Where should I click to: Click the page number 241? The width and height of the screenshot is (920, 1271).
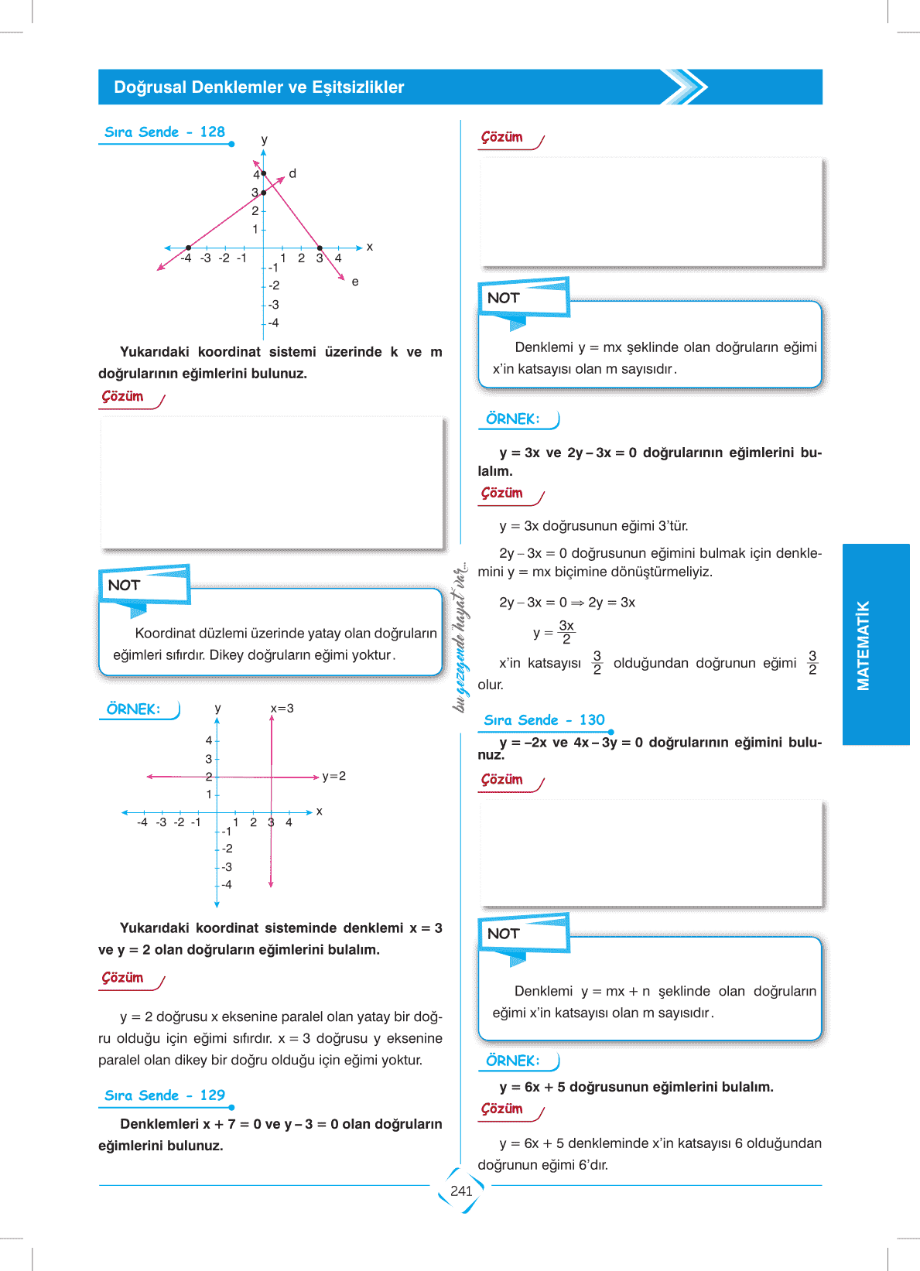coord(461,1191)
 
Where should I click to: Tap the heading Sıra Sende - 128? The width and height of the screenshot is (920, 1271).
coord(165,132)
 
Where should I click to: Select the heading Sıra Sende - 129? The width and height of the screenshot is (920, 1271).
coord(165,1095)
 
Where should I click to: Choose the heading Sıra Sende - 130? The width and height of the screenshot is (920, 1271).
coord(544,720)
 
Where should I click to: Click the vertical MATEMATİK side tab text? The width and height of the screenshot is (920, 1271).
coord(864,645)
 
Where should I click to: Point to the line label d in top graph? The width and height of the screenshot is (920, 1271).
coord(292,173)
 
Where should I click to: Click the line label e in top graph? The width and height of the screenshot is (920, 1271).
coord(355,282)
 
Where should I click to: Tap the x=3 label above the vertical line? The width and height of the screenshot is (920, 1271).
coord(282,709)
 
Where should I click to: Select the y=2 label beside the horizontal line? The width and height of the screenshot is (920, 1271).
coord(334,776)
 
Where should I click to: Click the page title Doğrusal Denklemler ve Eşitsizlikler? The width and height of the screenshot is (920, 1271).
coord(259,87)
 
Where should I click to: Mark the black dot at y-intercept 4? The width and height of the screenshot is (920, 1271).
coord(264,173)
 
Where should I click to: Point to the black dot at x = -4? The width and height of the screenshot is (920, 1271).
coord(189,248)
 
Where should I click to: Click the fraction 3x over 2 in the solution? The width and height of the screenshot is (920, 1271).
coord(566,632)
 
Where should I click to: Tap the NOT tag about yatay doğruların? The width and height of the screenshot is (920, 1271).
coord(125,586)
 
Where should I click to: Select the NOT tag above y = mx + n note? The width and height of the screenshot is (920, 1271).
coord(504,934)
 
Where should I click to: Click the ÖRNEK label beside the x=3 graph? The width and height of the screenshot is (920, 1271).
coord(133,709)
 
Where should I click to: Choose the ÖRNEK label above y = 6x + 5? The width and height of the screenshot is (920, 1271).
coord(512,1061)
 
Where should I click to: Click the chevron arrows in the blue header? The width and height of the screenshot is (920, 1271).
coord(685,87)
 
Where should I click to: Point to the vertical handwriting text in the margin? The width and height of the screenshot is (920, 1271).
coord(461,636)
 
